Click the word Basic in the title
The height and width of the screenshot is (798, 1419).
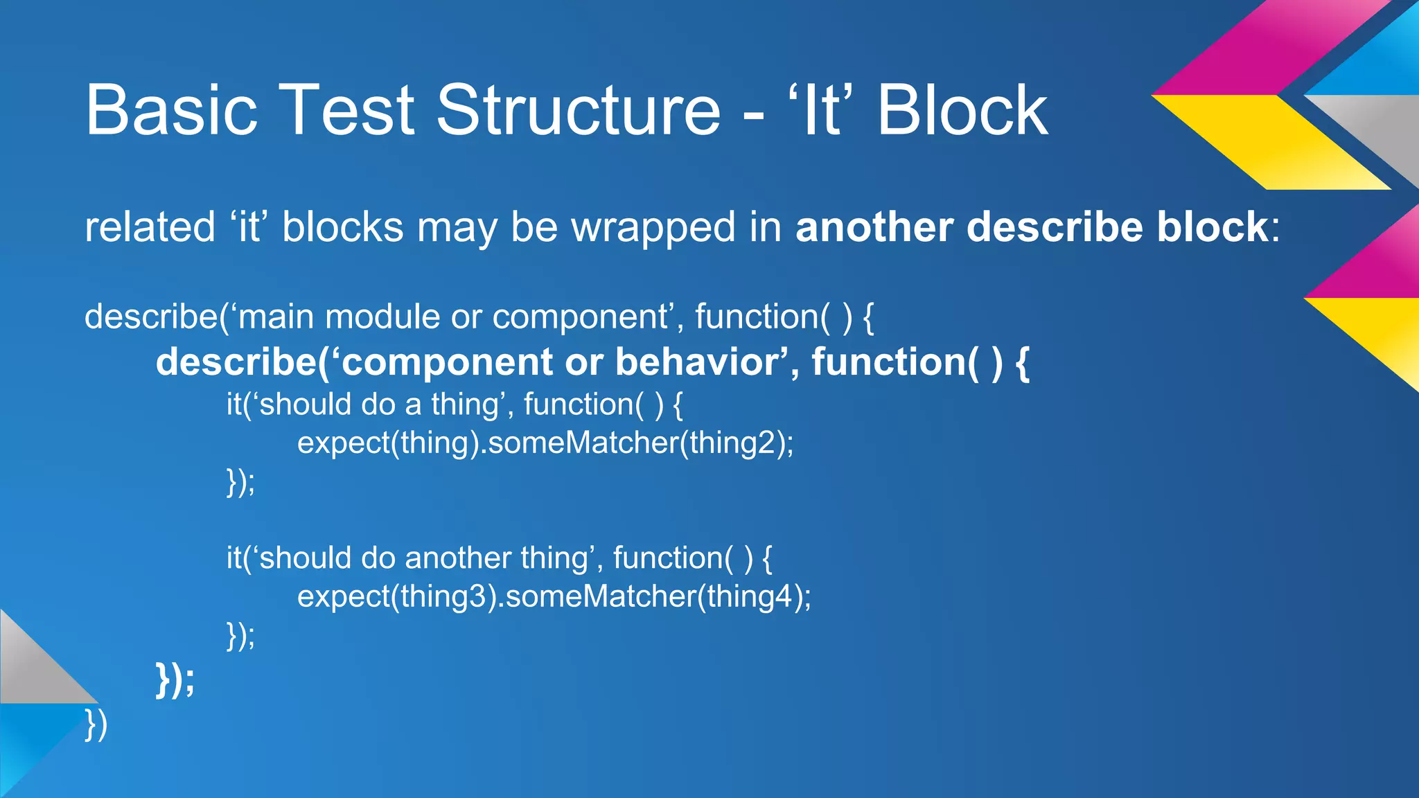pyautogui.click(x=171, y=111)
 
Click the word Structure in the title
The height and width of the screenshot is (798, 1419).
pyautogui.click(x=579, y=111)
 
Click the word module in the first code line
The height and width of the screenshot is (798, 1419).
pyautogui.click(x=382, y=317)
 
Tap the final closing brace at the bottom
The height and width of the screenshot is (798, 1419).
pyautogui.click(x=96, y=725)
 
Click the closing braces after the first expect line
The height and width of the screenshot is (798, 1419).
pyautogui.click(x=240, y=481)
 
